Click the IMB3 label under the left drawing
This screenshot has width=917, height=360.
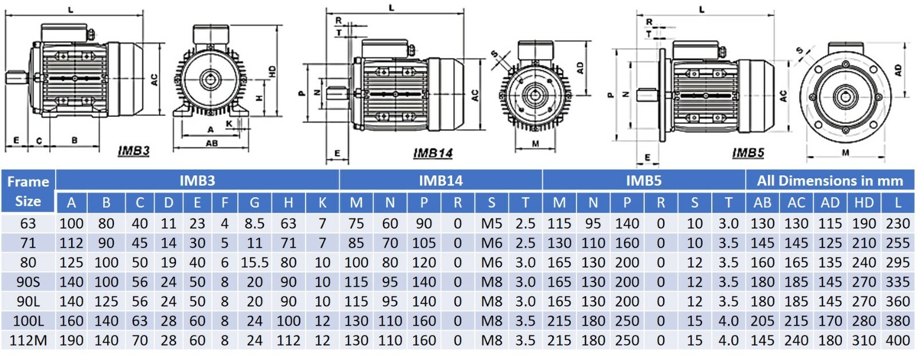pos(134,151)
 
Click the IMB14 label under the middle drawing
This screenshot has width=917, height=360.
pos(433,153)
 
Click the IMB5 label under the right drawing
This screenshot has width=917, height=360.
pos(748,152)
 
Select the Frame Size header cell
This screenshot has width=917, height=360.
pos(28,191)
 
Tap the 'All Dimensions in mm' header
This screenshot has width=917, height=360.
pos(829,181)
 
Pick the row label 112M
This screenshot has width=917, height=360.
pos(28,341)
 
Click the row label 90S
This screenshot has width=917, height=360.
pos(28,282)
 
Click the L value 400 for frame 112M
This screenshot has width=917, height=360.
pos(898,341)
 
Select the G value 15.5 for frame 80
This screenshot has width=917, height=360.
pos(254,263)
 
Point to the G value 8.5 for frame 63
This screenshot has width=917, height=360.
pos(254,224)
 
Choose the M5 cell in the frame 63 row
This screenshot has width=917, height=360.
pos(491,224)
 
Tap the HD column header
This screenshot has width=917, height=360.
pos(864,202)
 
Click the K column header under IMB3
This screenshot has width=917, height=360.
pos(322,202)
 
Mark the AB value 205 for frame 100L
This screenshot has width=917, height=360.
pos(762,321)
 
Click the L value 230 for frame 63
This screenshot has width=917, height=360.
pos(898,224)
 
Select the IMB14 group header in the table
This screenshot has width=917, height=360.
pos(440,181)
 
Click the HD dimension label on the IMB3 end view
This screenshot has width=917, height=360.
pos(272,72)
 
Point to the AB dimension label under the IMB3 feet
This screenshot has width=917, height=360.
pos(211,143)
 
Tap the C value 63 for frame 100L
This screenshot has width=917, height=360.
pos(140,321)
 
